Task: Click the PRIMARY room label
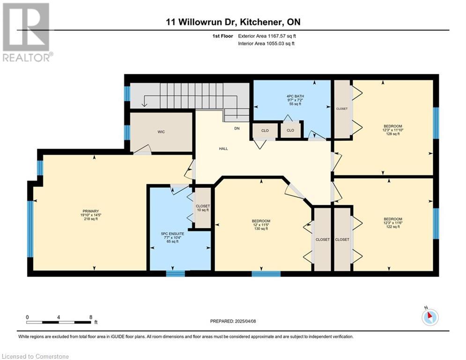click(x=91, y=211)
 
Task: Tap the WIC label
click(x=161, y=132)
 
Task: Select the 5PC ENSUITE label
click(x=172, y=234)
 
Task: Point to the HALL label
click(x=223, y=149)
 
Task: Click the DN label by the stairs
click(x=237, y=128)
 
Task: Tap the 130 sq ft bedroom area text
click(x=261, y=228)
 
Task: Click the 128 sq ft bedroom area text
click(x=392, y=134)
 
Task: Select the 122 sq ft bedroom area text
click(x=392, y=227)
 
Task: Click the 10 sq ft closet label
click(x=203, y=210)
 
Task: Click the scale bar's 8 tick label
click(x=91, y=317)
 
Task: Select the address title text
click(x=233, y=22)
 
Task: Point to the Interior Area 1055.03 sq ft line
click(x=266, y=44)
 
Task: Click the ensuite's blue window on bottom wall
click(x=175, y=274)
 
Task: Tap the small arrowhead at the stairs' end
click(x=144, y=105)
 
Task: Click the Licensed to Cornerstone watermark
click(x=35, y=356)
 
